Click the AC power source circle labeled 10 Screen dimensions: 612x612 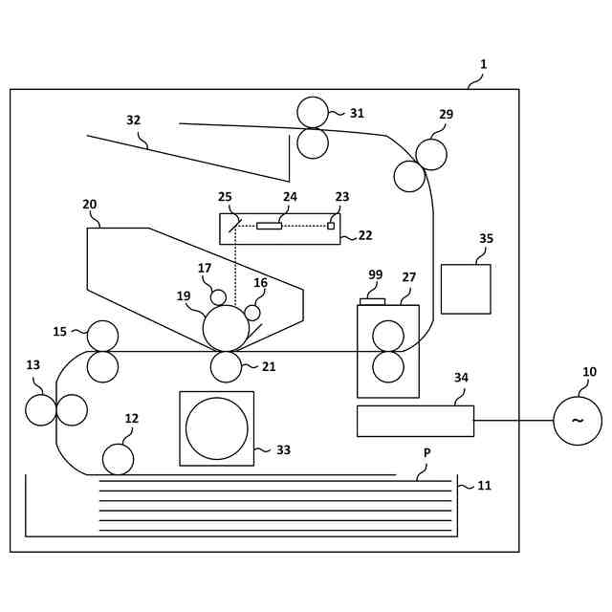point(578,421)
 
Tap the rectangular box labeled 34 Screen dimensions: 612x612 point(415,421)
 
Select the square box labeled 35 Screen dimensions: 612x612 point(466,289)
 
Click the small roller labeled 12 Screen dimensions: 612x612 point(118,459)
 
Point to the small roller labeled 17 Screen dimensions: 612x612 point(218,297)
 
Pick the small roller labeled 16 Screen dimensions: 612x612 point(252,313)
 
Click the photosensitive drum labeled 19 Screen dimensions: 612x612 point(226,328)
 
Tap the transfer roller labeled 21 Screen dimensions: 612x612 point(226,366)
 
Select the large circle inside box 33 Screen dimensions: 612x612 point(216,428)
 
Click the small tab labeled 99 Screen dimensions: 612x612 point(372,302)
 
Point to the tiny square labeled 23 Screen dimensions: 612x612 point(331,226)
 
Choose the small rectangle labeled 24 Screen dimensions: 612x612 point(269,226)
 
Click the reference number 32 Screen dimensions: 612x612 point(133,120)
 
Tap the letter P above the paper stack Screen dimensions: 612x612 point(427,453)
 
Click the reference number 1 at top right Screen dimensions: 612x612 point(483,64)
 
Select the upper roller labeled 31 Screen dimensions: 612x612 point(313,112)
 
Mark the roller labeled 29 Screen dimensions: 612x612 point(431,154)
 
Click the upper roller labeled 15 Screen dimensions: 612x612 point(102,336)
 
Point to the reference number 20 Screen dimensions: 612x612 point(90,205)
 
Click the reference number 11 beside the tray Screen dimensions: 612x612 point(484,486)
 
